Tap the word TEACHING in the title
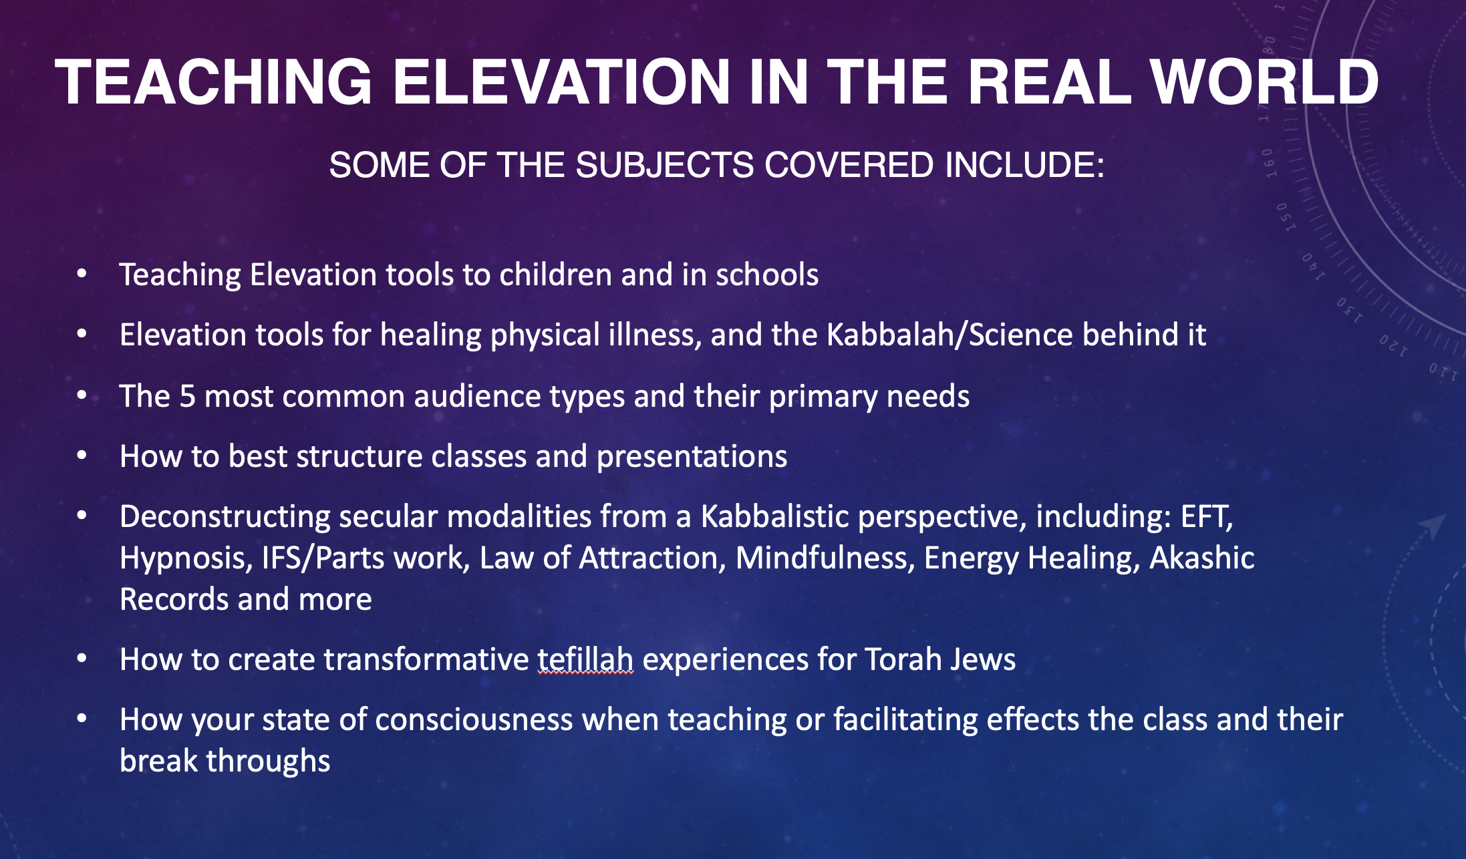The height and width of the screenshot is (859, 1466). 213,81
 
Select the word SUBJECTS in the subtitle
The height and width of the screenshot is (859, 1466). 664,164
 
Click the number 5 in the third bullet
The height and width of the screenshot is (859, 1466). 187,396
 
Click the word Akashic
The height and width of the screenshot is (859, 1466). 1201,558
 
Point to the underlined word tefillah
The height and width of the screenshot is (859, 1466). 585,660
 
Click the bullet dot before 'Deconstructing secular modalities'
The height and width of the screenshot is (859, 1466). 82,516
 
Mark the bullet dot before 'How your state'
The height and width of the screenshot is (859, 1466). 82,719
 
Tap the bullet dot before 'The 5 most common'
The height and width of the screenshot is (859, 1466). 82,395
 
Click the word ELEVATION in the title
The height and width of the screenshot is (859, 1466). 561,81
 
